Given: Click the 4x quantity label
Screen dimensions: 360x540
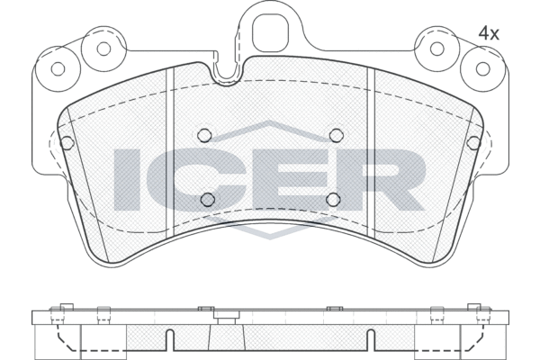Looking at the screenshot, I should pos(489,32).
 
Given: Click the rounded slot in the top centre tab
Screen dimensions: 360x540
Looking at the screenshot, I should pos(269,33).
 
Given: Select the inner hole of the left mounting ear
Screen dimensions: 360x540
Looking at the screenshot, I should pos(104,49).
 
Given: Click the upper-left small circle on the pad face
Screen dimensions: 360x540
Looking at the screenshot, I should pos(204,135).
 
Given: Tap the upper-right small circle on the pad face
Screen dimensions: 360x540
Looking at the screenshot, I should pos(336,135).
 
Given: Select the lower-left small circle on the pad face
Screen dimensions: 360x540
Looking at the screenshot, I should pos(208,199).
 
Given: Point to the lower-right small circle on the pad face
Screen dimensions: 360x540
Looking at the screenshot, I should pos(332,199).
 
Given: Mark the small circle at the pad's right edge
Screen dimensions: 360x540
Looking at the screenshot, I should pos(474,142).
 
